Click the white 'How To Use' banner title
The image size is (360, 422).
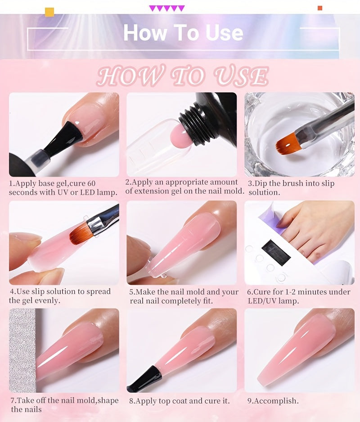pyautogui.click(x=183, y=33)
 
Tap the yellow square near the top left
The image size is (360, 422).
pyautogui.click(x=49, y=12)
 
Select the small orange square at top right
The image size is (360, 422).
pyautogui.click(x=320, y=8)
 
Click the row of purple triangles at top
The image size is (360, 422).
pyautogui.click(x=167, y=9)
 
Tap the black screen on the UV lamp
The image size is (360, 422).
pyautogui.click(x=276, y=253)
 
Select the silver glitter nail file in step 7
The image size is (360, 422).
pyautogui.click(x=22, y=350)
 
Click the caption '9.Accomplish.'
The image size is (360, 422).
pyautogui.click(x=273, y=401)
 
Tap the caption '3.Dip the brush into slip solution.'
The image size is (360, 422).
pyautogui.click(x=291, y=188)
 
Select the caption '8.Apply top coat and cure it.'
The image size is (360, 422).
pyautogui.click(x=180, y=401)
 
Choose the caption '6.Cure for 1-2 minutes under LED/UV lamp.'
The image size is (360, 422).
pyautogui.click(x=299, y=296)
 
